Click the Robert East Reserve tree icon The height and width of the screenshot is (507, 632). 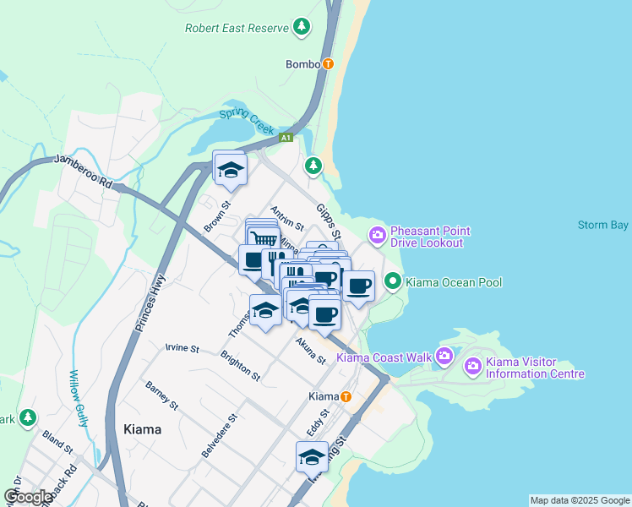302,28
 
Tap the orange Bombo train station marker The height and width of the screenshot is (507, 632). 328,63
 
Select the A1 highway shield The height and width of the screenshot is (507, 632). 287,137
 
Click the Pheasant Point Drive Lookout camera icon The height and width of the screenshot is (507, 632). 376,234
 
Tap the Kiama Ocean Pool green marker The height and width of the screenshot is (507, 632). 392,281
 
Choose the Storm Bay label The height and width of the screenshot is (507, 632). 603,225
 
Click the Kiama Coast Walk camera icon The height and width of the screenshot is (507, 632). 444,357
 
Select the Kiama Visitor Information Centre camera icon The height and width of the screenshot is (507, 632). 472,365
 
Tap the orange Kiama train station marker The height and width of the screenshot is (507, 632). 346,396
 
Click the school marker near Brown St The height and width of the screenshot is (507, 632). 230,169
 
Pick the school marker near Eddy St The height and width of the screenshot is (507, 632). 312,457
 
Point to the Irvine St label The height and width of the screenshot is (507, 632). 182,348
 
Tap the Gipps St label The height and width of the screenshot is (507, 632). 329,220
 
